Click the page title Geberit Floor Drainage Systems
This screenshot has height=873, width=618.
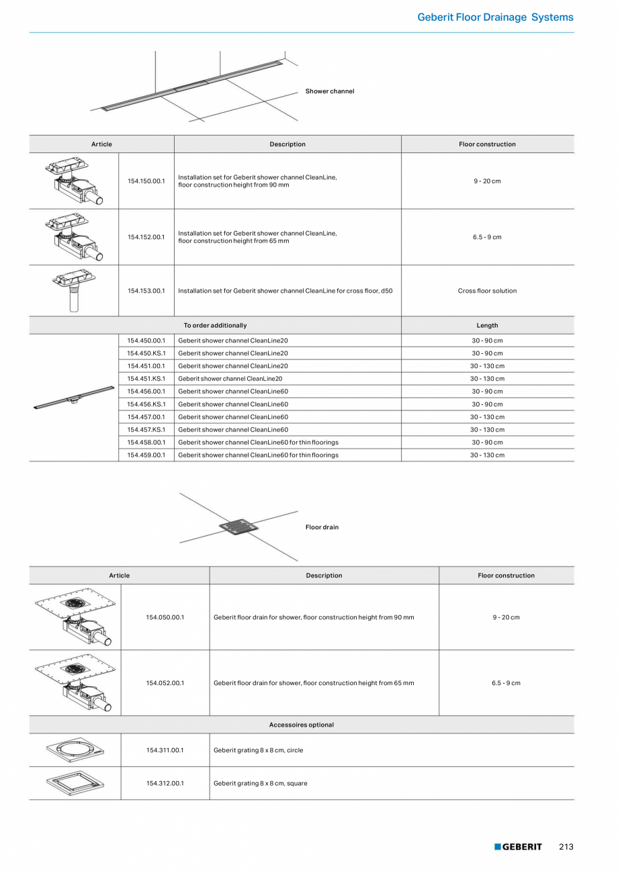(495, 17)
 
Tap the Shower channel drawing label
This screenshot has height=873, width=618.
(329, 91)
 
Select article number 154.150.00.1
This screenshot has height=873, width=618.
(146, 181)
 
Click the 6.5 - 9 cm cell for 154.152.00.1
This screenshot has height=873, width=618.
(487, 237)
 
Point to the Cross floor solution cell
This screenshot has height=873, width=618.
(487, 291)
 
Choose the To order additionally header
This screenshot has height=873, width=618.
(215, 326)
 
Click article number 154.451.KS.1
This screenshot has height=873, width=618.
(146, 379)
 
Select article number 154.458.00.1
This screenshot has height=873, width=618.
(146, 443)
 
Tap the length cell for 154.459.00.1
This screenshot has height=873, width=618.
(487, 455)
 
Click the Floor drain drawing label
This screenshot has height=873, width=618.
(322, 527)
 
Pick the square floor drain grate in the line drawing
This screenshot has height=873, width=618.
(238, 526)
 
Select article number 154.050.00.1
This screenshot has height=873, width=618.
(165, 617)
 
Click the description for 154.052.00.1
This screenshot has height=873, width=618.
(314, 683)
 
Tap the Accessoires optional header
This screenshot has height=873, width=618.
(301, 725)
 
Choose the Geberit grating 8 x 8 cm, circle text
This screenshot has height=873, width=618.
(258, 750)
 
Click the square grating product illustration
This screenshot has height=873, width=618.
(75, 782)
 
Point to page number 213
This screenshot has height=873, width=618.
(566, 847)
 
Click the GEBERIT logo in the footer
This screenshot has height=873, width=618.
(518, 847)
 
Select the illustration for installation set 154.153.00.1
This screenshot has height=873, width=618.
(74, 290)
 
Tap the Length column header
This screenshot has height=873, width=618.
(487, 326)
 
